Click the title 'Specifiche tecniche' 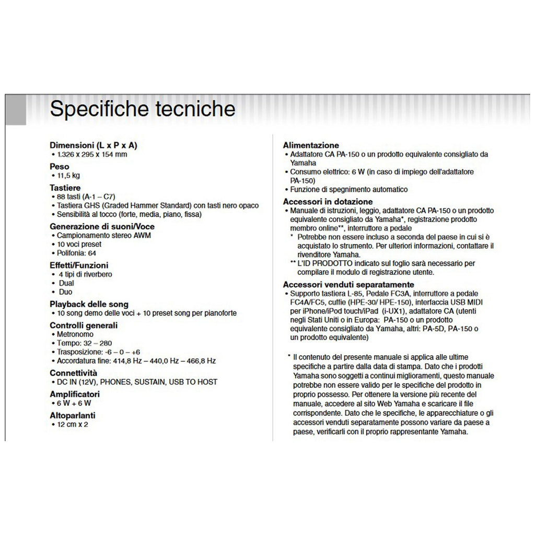coord(142,109)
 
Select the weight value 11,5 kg coord(69,176)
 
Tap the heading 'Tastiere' coord(65,188)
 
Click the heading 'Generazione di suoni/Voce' coord(102,227)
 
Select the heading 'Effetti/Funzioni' coord(79,265)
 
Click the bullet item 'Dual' coord(66,283)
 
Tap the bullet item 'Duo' coord(66,292)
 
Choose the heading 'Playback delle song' coord(89,304)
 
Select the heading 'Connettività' coord(74,373)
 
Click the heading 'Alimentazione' coord(311,145)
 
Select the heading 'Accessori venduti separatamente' coord(348,285)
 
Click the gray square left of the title coord(16,110)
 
